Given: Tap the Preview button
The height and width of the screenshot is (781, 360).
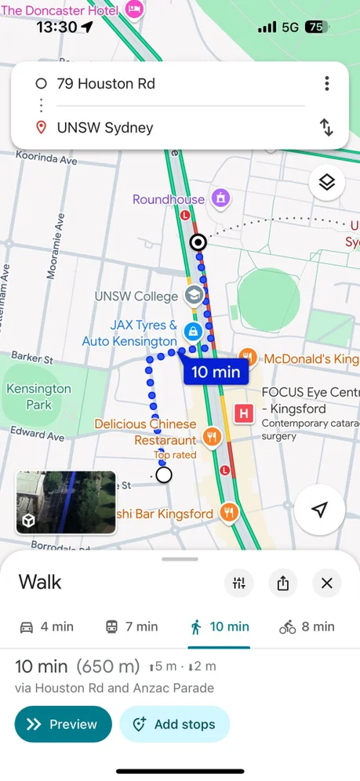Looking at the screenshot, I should [63, 725].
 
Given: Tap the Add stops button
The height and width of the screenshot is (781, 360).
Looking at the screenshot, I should [174, 725].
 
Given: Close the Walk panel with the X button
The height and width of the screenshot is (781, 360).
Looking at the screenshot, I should [327, 583].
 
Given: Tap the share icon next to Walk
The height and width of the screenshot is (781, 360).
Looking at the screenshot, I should [283, 583].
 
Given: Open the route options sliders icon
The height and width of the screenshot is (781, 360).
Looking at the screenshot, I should [239, 583].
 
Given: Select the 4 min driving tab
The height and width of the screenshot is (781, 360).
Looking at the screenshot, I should [46, 627].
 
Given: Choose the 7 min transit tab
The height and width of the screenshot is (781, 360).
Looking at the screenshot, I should [132, 627].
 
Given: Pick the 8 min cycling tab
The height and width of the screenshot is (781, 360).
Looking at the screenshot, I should [307, 627].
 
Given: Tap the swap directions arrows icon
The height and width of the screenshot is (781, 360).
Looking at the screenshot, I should [327, 127].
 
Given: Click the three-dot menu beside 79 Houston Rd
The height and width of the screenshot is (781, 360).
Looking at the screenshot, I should [327, 84].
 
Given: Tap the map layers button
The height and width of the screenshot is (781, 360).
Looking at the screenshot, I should [327, 183].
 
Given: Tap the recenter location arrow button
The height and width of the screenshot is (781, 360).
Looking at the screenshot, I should [319, 510].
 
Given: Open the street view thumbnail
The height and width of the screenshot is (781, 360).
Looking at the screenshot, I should [66, 503].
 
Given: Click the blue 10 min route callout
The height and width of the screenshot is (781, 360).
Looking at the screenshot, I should [216, 372].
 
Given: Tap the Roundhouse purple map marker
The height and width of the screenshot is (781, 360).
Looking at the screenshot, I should [220, 198].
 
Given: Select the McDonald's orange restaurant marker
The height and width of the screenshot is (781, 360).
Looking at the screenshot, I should [248, 358].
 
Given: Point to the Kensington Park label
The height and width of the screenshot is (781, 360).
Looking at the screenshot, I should [38, 396].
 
